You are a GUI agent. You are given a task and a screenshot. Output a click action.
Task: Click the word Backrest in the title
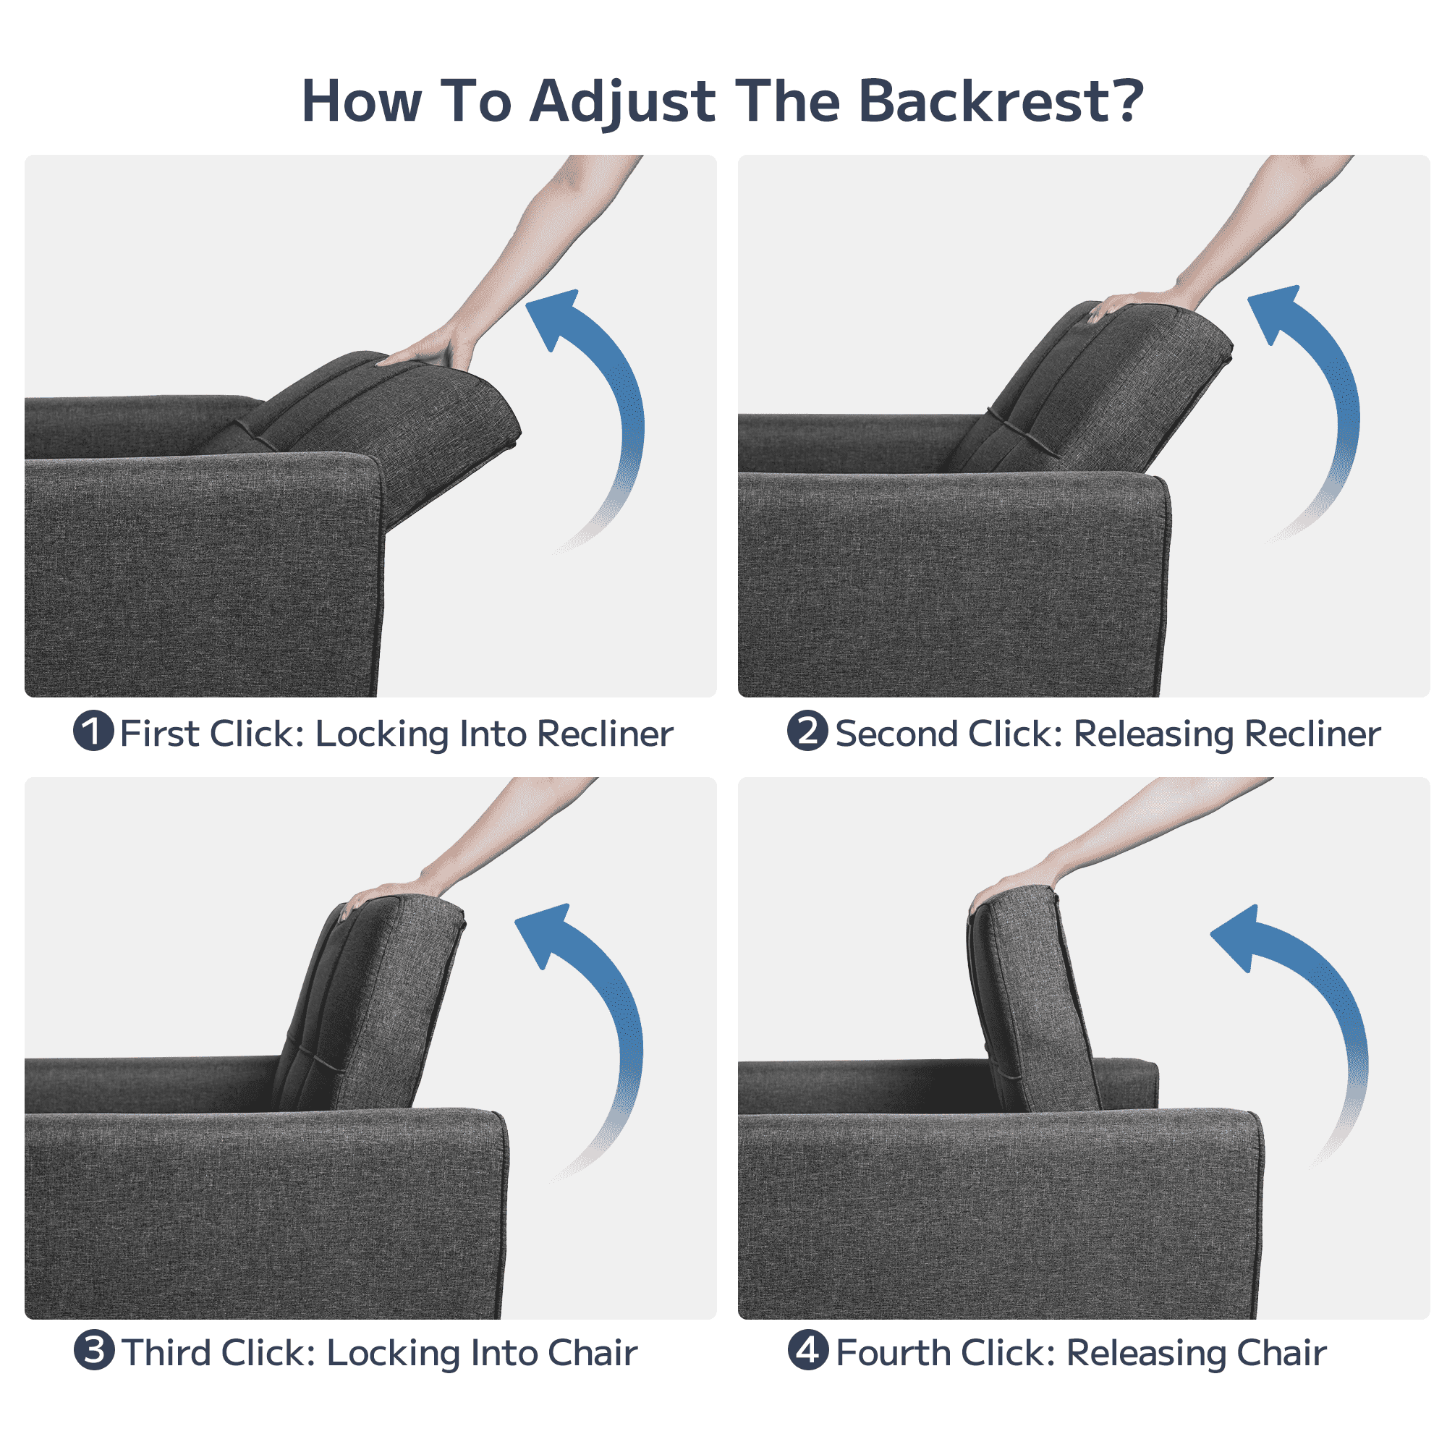[1001, 101]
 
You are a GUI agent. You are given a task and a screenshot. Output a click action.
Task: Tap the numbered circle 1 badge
[93, 730]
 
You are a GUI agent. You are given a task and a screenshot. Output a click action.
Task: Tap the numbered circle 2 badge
[807, 730]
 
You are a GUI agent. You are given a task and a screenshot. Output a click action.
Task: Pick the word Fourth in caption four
[893, 1353]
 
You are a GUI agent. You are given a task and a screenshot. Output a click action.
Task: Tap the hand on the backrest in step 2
[1142, 302]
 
